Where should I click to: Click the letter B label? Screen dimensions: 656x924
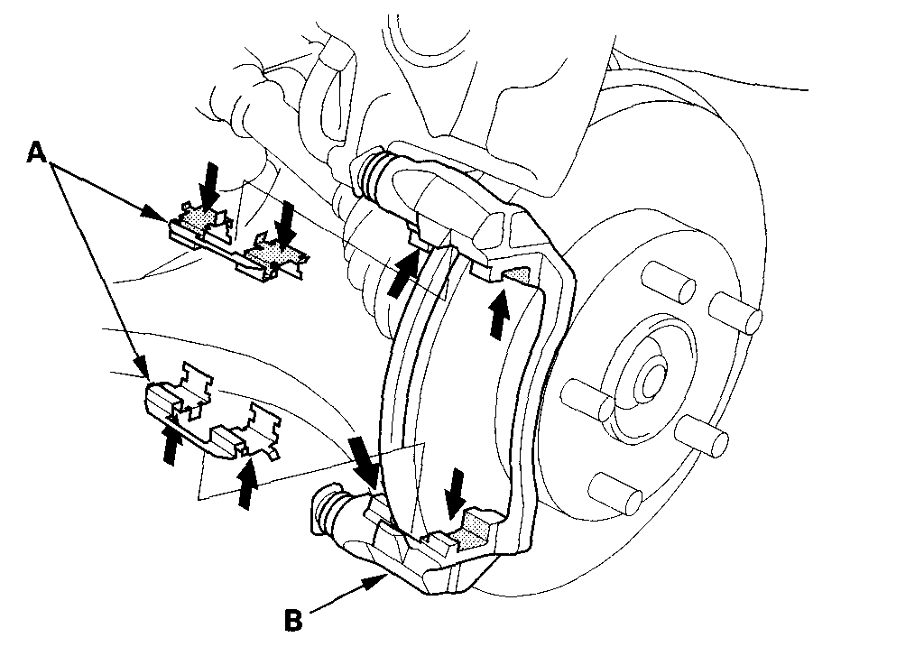[292, 621]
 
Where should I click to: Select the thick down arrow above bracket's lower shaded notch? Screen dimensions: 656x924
[457, 490]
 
